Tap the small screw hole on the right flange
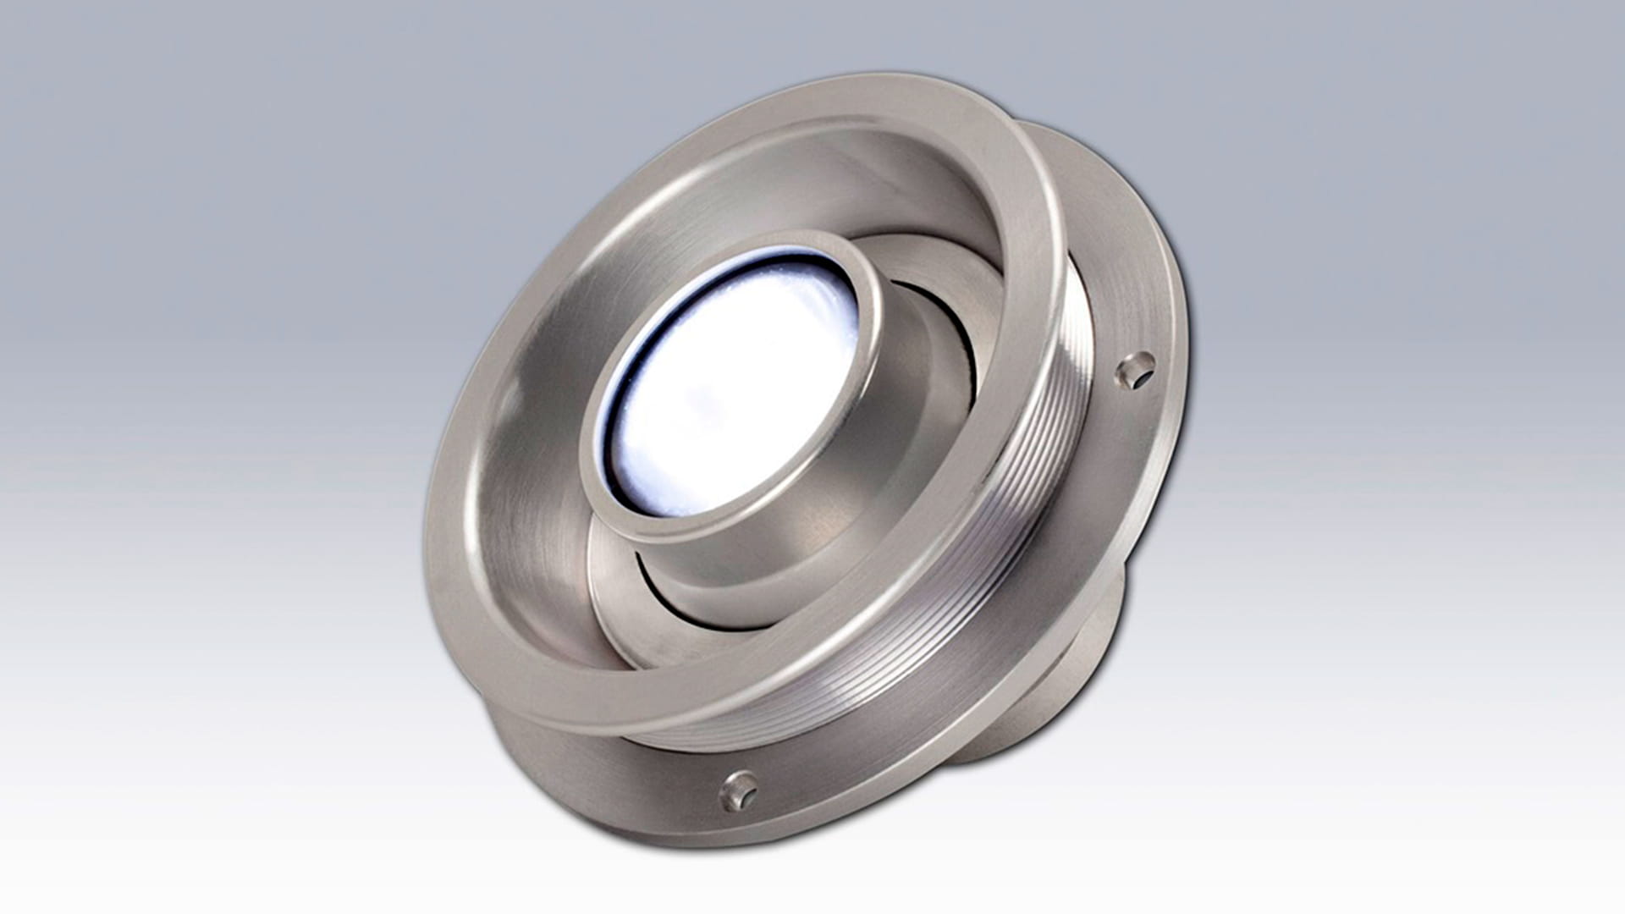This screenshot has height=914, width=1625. (x=1134, y=372)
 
